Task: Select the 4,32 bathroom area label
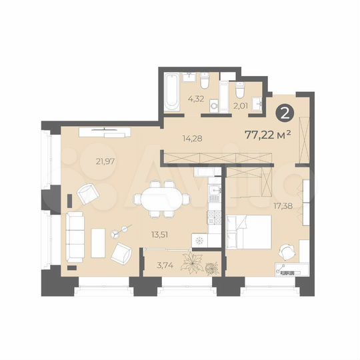196,99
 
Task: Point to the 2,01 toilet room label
241,105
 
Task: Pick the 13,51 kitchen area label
159,233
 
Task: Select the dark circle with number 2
285,113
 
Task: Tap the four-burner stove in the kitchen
215,217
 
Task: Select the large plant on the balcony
194,262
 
